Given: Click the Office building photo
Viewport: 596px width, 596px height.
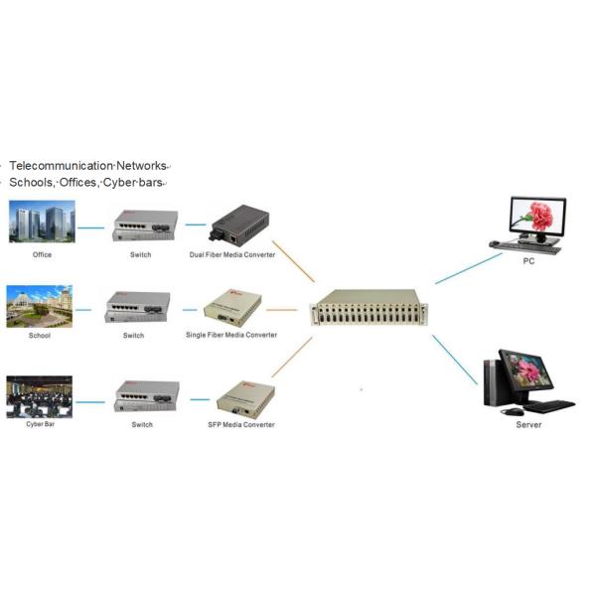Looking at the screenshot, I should tap(42, 223).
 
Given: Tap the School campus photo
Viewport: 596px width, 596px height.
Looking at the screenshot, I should tap(40, 306).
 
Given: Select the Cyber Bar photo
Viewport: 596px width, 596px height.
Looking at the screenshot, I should tap(40, 396).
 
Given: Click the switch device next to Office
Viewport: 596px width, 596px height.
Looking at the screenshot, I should tap(145, 225).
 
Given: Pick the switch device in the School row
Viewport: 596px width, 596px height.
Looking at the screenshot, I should tap(137, 307).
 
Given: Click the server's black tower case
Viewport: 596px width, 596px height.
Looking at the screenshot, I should tap(490, 382).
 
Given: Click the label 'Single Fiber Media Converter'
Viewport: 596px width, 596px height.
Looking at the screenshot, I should tap(231, 335).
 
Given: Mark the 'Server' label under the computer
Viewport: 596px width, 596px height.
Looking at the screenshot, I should tap(528, 424).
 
